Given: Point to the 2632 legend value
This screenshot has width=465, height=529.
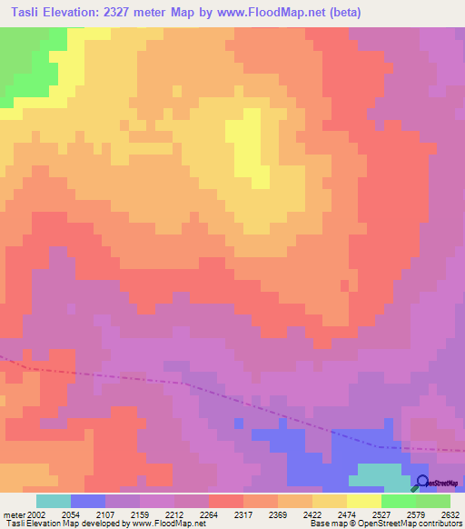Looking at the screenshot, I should coord(450,514).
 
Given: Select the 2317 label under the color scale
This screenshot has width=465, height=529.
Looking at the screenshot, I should coord(243,514).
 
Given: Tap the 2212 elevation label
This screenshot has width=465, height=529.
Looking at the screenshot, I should coord(174,514).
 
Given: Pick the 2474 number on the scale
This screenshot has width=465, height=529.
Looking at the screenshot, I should coord(346,514).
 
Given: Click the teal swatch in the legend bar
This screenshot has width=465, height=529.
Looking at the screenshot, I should coord(54,501).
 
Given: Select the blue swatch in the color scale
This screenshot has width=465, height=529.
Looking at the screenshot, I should coord(88,501).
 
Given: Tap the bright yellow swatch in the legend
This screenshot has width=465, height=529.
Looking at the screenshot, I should coord(363,501).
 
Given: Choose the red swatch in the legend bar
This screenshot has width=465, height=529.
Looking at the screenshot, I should coord(225,501).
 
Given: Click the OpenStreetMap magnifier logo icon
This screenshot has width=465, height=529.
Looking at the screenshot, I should coord(421,482).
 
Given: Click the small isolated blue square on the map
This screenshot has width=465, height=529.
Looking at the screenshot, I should coord(238,423).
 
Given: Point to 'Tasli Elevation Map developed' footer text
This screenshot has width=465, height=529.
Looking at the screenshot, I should coord(54,524).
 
